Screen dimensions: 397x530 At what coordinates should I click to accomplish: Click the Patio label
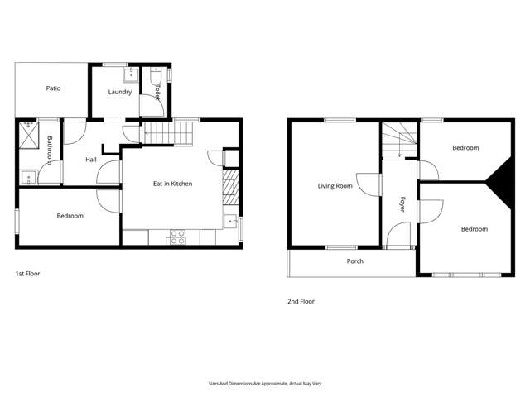pyautogui.click(x=54, y=88)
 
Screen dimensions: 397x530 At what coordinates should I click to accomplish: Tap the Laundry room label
pyautogui.click(x=120, y=92)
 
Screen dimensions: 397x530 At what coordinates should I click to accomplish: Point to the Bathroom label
pyautogui.click(x=50, y=151)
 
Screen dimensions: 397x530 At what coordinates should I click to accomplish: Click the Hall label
pyautogui.click(x=93, y=159)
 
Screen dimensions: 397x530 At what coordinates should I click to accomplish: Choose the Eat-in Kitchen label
pyautogui.click(x=173, y=184)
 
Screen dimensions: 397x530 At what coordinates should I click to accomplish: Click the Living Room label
pyautogui.click(x=335, y=186)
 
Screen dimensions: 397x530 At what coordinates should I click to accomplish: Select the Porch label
pyautogui.click(x=354, y=261)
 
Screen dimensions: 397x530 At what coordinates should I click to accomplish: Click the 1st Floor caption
pyautogui.click(x=27, y=273)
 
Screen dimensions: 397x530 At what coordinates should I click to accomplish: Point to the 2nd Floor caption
pyautogui.click(x=301, y=302)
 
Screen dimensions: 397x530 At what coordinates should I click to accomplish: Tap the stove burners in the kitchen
pyautogui.click(x=177, y=236)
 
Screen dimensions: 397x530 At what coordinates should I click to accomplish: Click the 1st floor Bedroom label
pyautogui.click(x=70, y=216)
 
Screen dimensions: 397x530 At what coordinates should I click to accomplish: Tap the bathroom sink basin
pyautogui.click(x=29, y=176)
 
